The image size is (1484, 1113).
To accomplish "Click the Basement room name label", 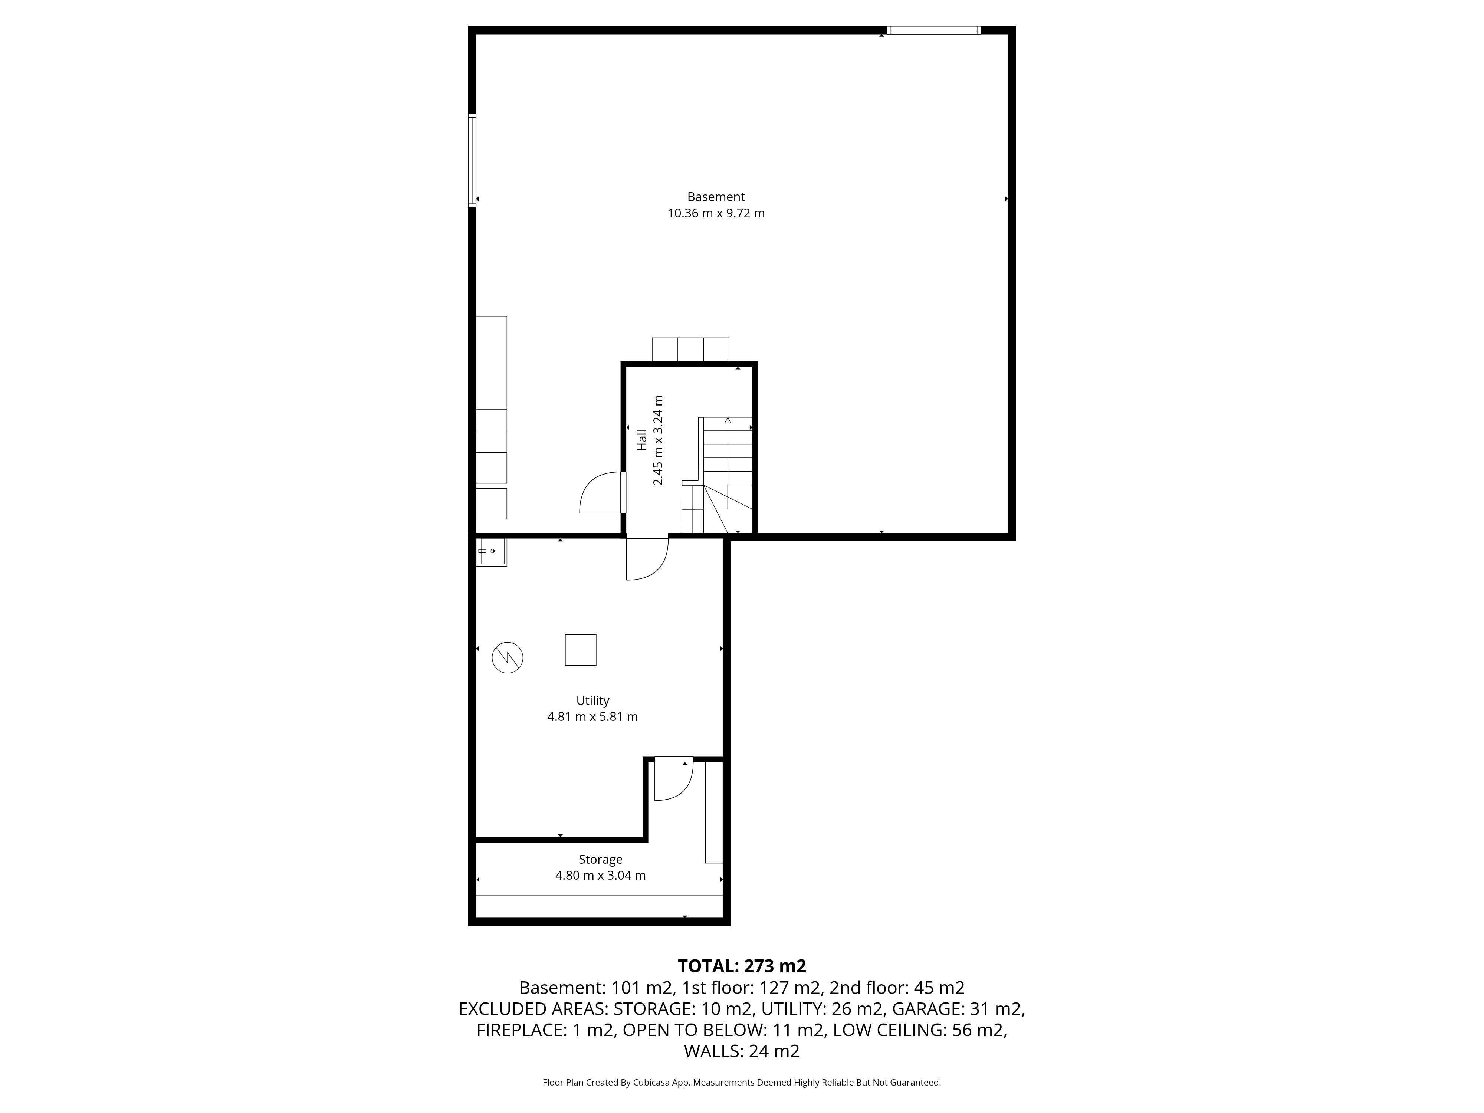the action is point(716,197).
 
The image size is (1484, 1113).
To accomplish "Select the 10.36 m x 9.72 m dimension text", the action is point(716,213).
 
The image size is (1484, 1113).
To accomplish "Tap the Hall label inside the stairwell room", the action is point(642,440).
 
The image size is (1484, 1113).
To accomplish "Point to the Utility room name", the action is point(592,700).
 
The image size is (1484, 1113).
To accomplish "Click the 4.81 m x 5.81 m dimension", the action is point(592,716).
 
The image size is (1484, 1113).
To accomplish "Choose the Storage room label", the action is point(600,859).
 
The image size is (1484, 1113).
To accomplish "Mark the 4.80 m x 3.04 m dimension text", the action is point(600,876).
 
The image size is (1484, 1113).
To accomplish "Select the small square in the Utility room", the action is point(580,649).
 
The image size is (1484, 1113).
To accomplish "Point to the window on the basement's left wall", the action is point(472,161).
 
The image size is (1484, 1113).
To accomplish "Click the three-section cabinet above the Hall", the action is point(690,349).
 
